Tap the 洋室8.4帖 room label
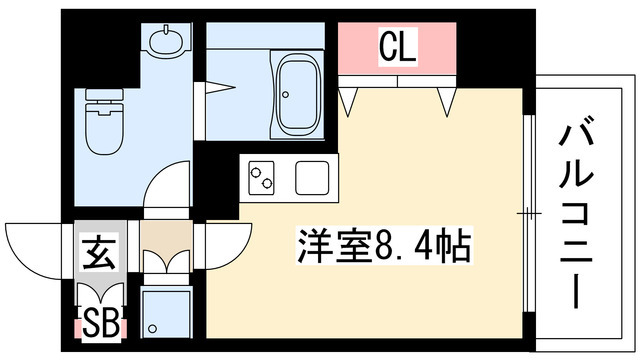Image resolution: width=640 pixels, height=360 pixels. coord(384,246)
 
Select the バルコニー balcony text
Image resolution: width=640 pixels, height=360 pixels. coord(576,211)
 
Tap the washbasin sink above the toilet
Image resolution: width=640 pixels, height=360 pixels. coord(166,40)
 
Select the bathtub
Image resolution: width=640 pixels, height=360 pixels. coord(298,95)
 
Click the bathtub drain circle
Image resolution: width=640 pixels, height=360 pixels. coord(285,95)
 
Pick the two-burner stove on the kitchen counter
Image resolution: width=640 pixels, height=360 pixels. coord(261,178)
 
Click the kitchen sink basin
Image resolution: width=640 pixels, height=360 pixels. coord(312,178)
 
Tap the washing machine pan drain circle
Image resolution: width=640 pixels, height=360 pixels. coord(153,328)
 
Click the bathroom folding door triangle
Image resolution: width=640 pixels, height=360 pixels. coord(220,87)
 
